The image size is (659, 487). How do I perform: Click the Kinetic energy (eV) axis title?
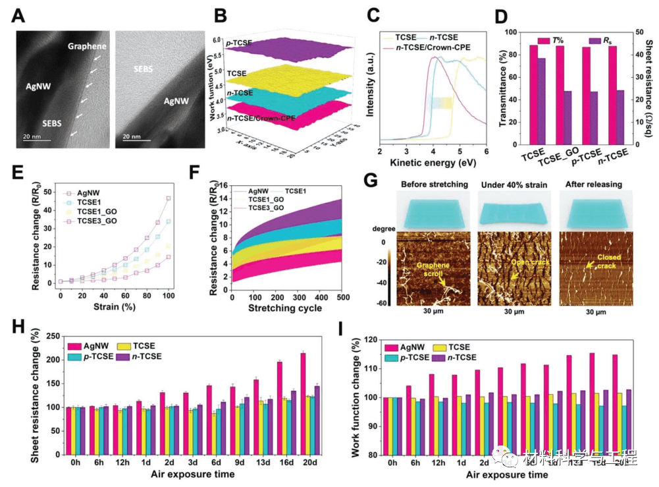point(431,161)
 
